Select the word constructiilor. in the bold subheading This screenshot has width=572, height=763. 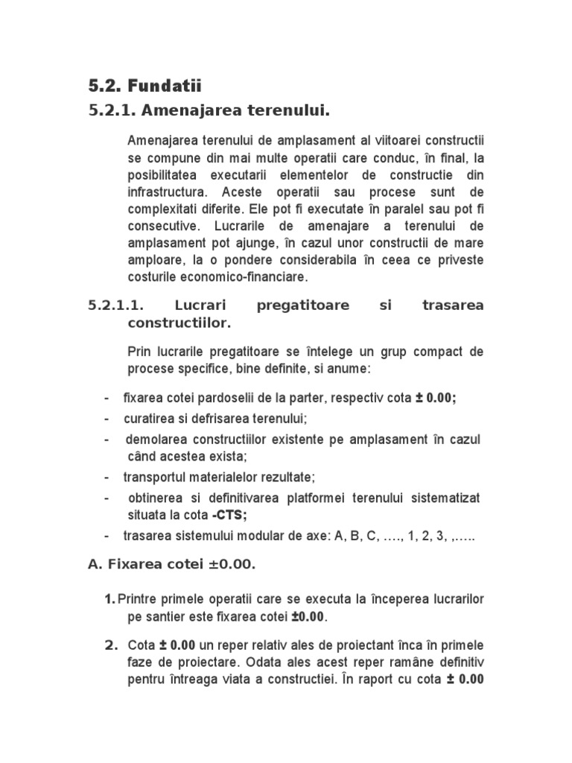[179, 323]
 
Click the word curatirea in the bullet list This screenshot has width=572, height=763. [147, 419]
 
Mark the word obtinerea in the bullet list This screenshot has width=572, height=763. [153, 498]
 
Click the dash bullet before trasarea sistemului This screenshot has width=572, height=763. [107, 536]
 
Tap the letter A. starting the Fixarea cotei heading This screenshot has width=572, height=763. [95, 565]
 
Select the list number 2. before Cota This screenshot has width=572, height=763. [110, 645]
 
